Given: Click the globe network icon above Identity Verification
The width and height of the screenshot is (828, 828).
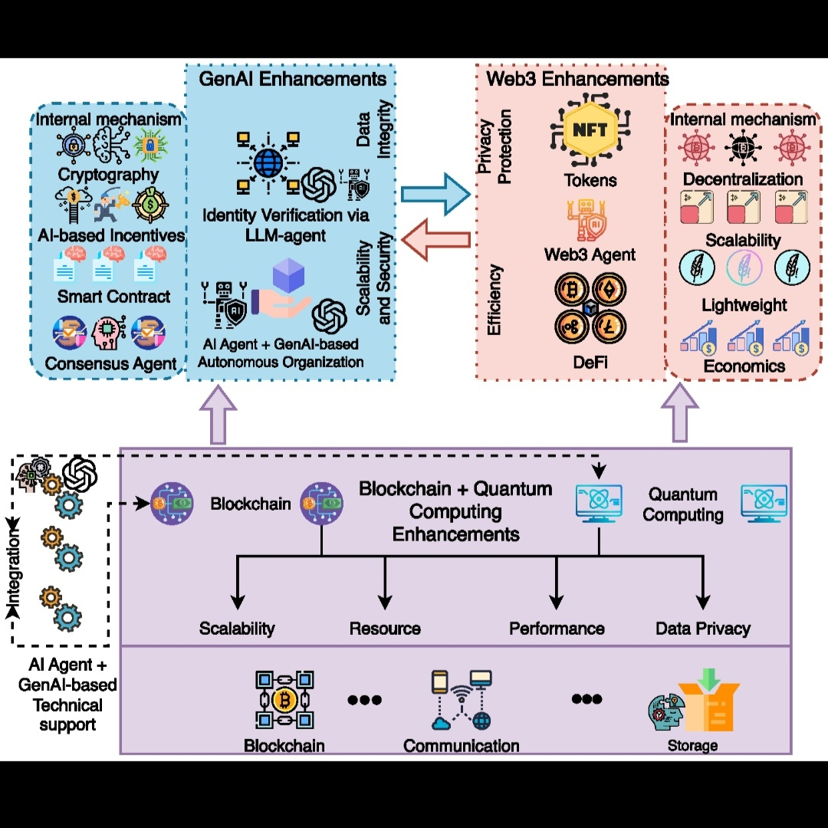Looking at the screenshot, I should (268, 163).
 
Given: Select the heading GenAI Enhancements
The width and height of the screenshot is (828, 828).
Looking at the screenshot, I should (292, 79).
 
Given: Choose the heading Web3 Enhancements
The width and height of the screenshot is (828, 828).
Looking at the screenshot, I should (577, 79).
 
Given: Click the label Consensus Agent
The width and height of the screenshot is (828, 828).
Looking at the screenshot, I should (111, 363).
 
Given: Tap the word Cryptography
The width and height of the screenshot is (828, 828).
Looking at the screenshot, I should (108, 175).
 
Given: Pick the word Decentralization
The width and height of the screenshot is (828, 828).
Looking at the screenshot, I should (743, 179).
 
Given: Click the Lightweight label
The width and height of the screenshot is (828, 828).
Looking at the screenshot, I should (744, 305).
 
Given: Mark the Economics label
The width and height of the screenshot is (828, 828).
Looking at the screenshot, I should (744, 366).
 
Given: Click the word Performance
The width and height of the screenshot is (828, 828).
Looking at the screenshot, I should (557, 629).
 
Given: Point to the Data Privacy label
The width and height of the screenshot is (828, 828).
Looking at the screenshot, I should (702, 629).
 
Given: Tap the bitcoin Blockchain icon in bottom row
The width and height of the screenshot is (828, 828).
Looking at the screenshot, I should (284, 699).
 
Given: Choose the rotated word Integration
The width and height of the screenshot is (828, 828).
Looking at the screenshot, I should (16, 571).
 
